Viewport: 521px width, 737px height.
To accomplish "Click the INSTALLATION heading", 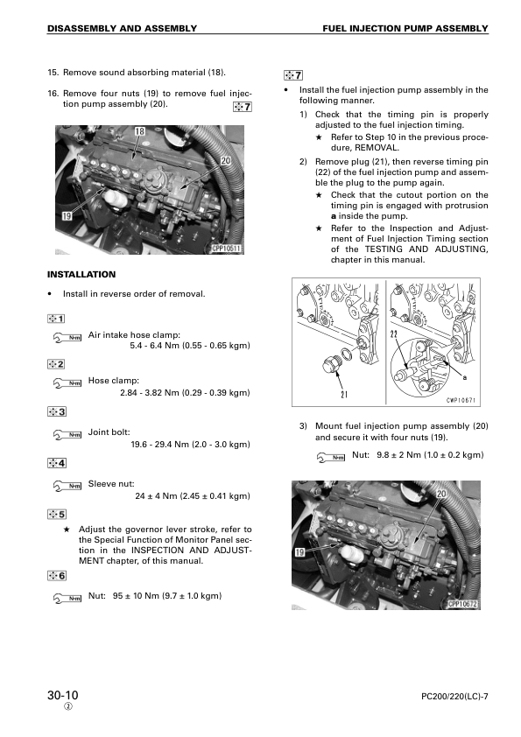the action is pyautogui.click(x=81, y=275).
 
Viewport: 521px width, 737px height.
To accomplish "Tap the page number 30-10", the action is pyautogui.click(x=62, y=696).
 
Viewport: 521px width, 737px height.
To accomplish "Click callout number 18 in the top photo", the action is pyautogui.click(x=139, y=131).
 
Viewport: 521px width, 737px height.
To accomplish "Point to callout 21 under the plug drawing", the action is pyautogui.click(x=344, y=395).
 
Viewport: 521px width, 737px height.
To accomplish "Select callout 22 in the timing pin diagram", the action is pyautogui.click(x=393, y=334).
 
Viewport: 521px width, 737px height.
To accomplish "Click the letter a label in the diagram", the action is pyautogui.click(x=465, y=377).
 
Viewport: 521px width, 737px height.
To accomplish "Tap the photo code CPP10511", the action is pyautogui.click(x=226, y=249).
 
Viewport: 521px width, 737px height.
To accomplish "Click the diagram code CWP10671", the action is pyautogui.click(x=461, y=401).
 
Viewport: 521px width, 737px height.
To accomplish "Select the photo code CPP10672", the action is pyautogui.click(x=462, y=604).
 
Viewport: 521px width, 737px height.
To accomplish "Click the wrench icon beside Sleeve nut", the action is pyautogui.click(x=67, y=486).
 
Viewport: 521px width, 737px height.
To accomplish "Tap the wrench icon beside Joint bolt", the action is pyautogui.click(x=67, y=434).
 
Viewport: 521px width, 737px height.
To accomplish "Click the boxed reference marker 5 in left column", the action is pyautogui.click(x=56, y=514).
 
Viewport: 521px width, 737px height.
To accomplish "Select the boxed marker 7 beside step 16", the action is pyautogui.click(x=243, y=107).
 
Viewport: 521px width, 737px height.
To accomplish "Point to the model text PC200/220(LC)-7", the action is pyautogui.click(x=454, y=697).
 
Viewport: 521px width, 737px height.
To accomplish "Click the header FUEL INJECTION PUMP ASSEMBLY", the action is pyautogui.click(x=405, y=29).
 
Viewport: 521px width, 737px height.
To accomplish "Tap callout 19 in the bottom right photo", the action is pyautogui.click(x=300, y=551).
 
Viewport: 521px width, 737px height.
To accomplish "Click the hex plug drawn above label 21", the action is pyautogui.click(x=331, y=364).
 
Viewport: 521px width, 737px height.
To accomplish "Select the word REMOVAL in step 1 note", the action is pyautogui.click(x=377, y=148).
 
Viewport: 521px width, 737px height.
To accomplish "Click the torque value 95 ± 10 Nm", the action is pyautogui.click(x=136, y=596).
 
